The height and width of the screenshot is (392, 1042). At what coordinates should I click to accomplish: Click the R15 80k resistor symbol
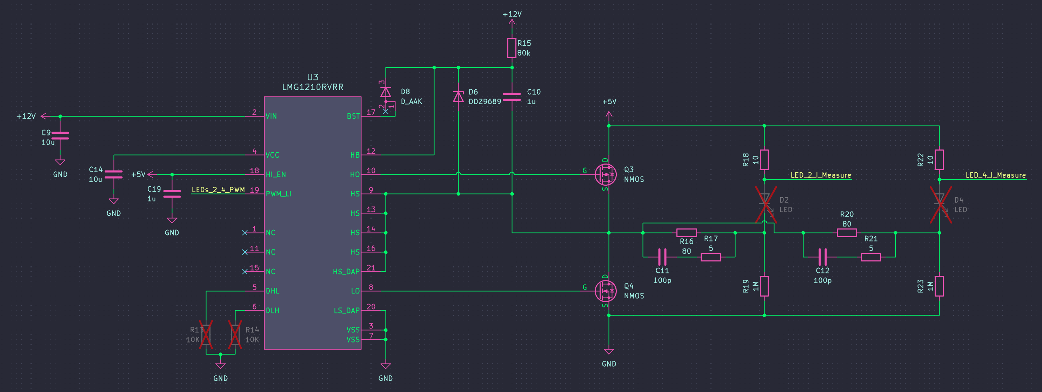point(512,48)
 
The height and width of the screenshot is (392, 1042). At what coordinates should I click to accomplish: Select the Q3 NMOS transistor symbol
point(606,174)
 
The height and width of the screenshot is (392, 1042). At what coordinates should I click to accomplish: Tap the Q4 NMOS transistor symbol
point(606,291)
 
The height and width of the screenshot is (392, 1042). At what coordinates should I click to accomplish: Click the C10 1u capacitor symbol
point(512,97)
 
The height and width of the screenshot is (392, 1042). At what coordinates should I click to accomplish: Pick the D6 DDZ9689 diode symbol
point(458,97)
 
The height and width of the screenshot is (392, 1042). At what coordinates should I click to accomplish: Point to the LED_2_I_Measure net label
point(821,175)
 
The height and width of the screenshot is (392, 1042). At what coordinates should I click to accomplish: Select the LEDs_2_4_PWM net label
point(218,190)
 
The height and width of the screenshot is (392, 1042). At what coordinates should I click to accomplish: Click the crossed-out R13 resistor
point(206,334)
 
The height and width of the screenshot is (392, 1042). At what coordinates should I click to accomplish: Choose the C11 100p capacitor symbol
point(662,257)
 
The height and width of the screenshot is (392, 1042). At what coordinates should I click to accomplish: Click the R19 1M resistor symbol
point(764,286)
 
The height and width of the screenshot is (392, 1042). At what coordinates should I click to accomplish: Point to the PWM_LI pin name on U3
point(278,194)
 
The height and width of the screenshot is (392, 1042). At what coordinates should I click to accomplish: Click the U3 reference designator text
point(313,77)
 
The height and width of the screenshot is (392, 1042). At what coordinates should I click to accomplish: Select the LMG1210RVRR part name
point(313,87)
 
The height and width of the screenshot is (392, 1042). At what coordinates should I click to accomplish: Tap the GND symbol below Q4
point(609,352)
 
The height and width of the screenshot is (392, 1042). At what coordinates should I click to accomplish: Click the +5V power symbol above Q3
point(609,114)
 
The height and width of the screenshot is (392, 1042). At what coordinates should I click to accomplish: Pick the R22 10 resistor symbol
point(939,160)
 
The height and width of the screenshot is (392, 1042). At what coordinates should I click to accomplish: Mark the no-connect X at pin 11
point(245,252)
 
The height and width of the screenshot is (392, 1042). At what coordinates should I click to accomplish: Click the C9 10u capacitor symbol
point(60,135)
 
